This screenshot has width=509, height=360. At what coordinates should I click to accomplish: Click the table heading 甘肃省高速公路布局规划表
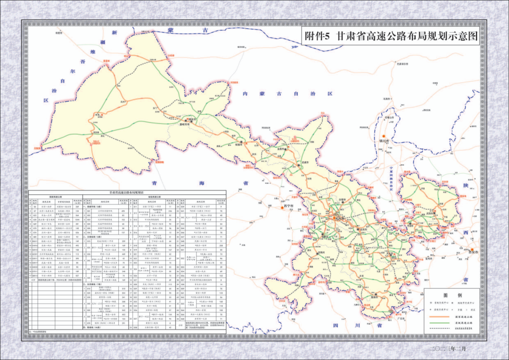(x=128, y=192)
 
